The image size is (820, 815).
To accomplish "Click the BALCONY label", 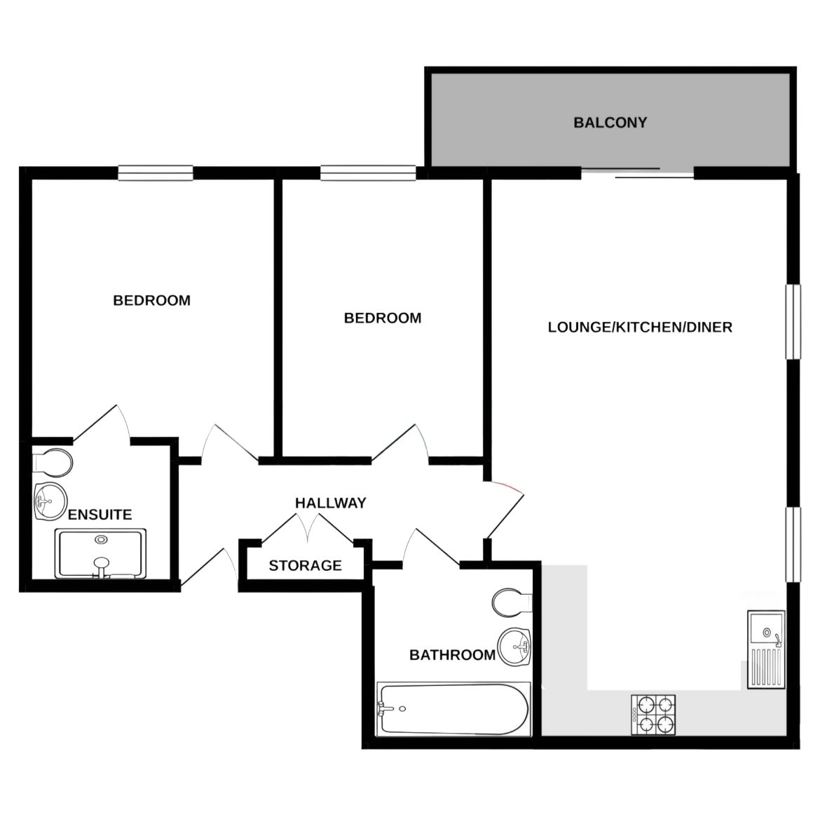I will pos(610,123).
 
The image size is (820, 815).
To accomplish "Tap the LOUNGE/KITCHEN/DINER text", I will pos(640,327).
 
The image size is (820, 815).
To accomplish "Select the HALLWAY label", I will pos(330,503).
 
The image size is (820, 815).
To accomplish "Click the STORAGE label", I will pos(305,565).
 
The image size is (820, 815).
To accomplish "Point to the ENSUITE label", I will pos(100,514).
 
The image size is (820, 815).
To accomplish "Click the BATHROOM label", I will pos(452,655).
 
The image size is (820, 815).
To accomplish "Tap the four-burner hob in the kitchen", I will pos(654,715).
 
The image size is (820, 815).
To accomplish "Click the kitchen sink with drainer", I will pos(765,649).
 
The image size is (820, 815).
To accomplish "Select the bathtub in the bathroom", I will pos(452,709).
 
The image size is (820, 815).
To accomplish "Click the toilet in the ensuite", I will pos(52,462).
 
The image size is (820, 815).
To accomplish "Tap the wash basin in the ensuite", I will pos(50,501).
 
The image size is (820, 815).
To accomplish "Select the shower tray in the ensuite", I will pos(102,554).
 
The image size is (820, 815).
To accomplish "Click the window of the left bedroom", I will pos(155,173).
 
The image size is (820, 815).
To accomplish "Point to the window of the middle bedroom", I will pos(368,173).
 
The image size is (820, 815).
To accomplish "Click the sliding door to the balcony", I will pos(637,173).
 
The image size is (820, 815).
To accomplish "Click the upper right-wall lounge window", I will pos(793,322).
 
